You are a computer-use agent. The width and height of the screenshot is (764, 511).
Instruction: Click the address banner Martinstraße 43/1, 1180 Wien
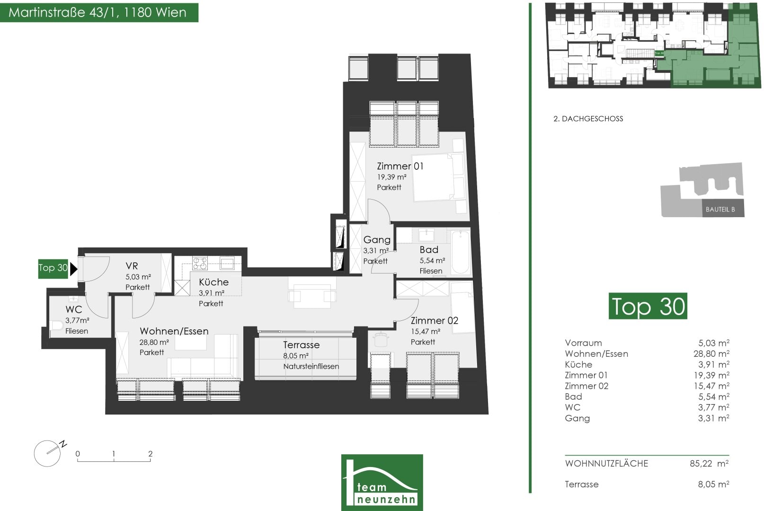(x=99, y=13)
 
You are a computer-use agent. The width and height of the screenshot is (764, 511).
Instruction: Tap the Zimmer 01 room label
(x=400, y=167)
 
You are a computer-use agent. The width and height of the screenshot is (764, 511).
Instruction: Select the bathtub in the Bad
(x=461, y=252)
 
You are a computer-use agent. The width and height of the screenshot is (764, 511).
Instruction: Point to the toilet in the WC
(x=57, y=326)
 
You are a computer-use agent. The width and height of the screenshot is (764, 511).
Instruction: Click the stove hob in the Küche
(x=200, y=263)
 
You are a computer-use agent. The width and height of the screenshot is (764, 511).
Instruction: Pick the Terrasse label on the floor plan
(x=301, y=344)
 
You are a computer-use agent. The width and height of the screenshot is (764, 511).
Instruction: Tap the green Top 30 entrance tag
(x=53, y=269)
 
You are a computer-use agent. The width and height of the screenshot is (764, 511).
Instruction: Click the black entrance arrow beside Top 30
(x=74, y=269)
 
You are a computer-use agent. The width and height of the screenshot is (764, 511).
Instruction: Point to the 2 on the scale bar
(x=151, y=454)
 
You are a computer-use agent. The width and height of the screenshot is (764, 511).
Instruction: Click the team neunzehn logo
(x=382, y=482)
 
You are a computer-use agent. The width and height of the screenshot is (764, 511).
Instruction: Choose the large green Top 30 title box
(x=648, y=306)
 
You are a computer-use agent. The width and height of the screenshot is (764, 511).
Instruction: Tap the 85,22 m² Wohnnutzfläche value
(x=709, y=464)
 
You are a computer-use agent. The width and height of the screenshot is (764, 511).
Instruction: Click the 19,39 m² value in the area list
(x=713, y=375)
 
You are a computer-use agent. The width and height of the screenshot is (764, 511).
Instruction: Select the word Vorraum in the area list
(x=583, y=343)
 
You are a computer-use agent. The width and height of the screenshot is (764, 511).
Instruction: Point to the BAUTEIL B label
(x=720, y=209)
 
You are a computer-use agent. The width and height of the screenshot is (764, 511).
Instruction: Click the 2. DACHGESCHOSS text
(x=588, y=119)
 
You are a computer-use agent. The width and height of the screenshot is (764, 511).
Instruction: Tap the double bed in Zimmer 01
(x=438, y=177)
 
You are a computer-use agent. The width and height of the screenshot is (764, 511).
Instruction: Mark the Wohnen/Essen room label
(x=174, y=331)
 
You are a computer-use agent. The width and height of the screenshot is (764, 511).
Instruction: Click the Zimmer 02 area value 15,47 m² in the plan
(x=426, y=331)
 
